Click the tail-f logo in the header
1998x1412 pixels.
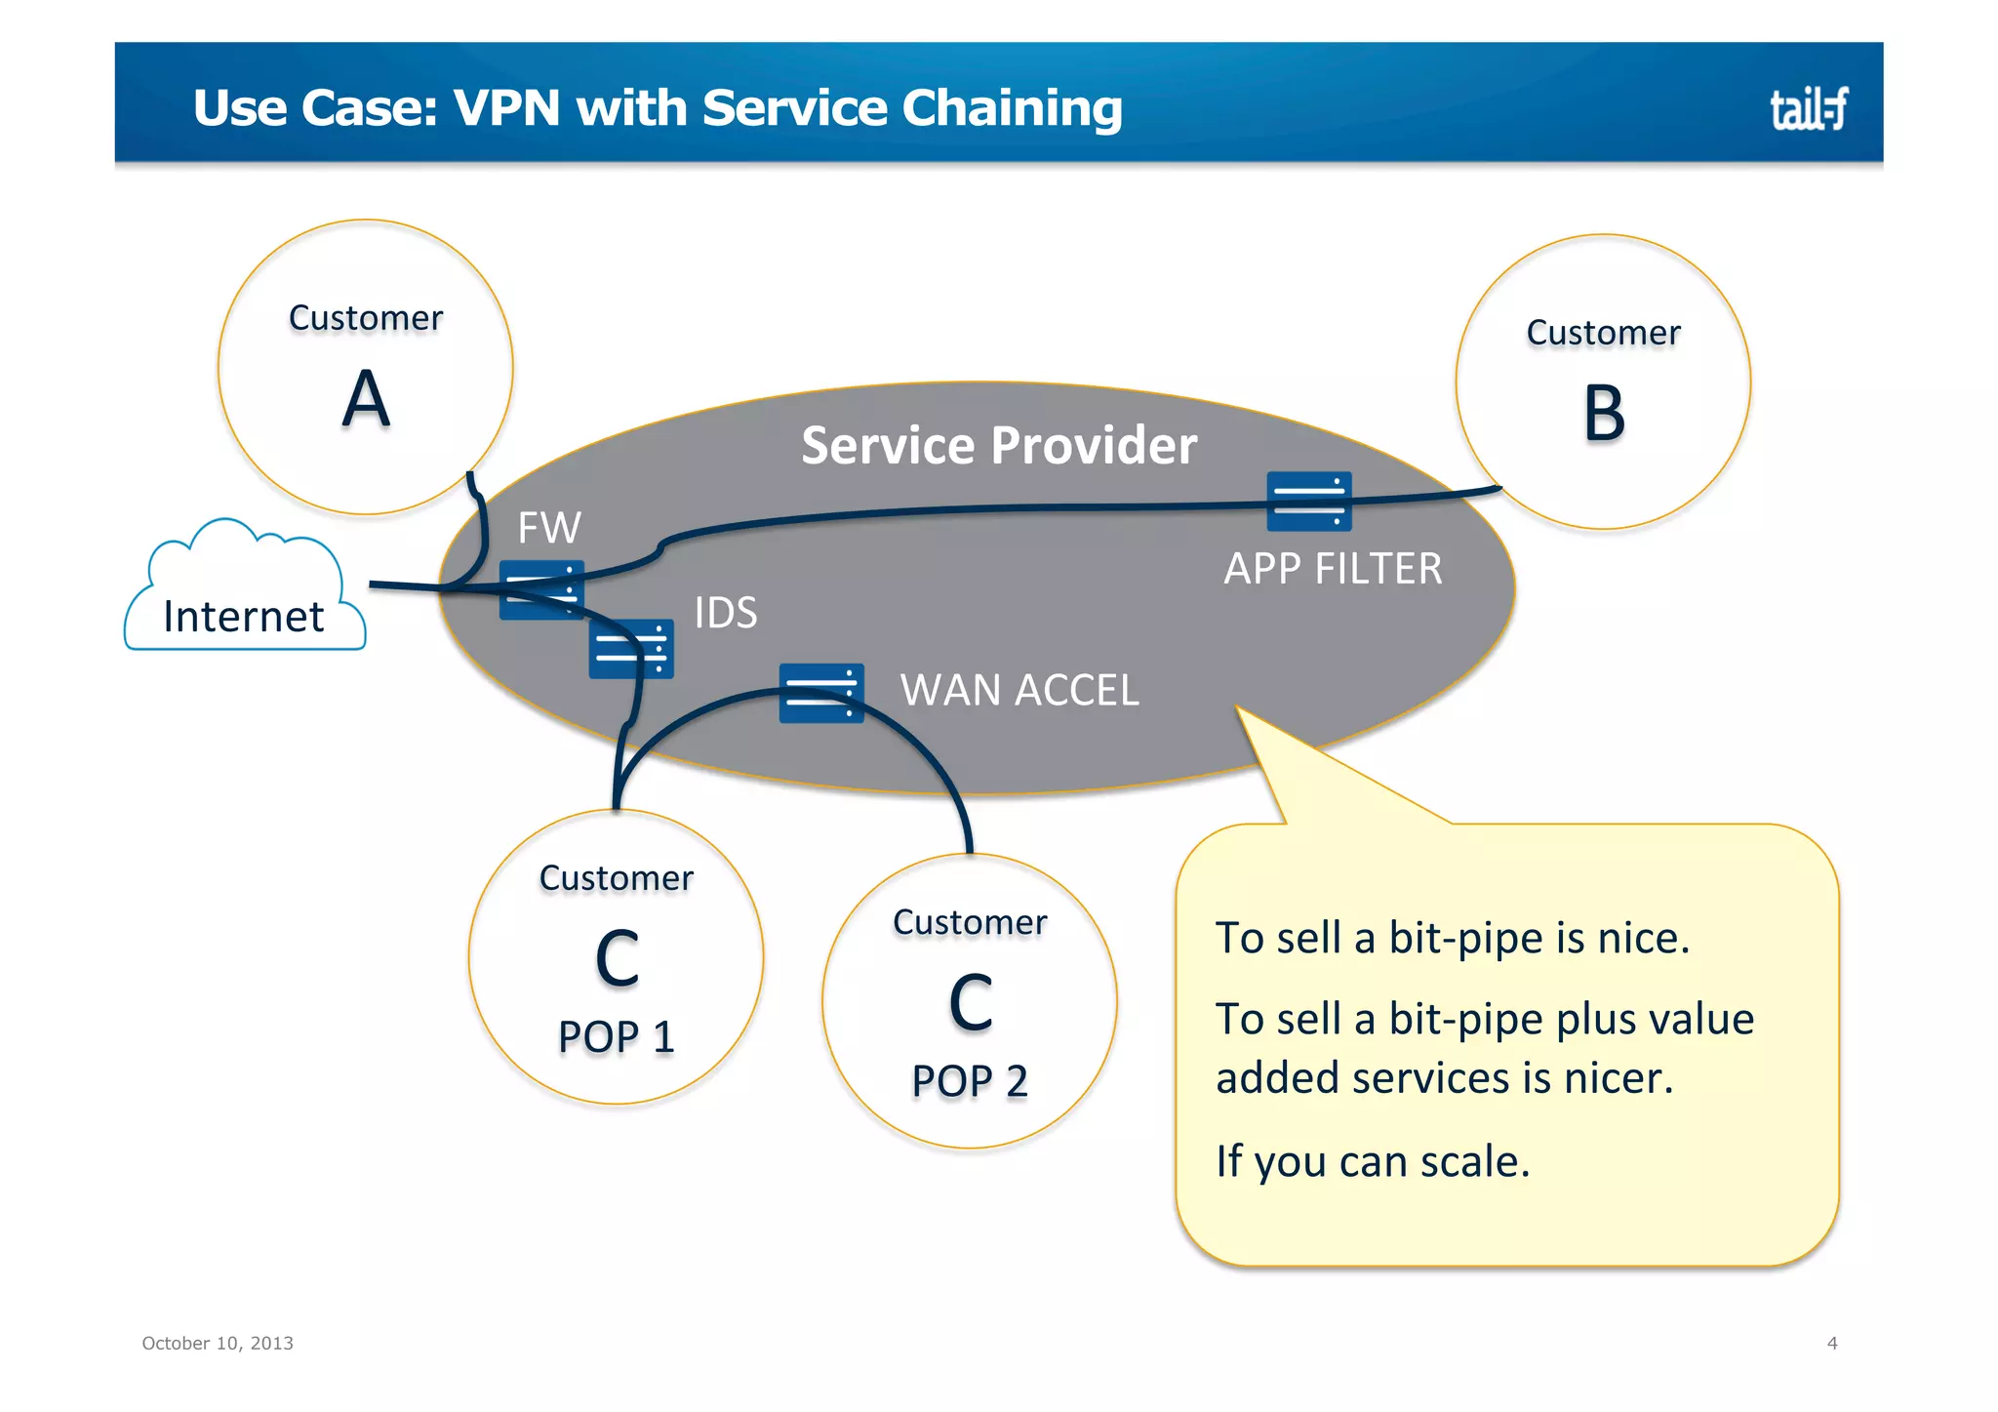pos(1808,108)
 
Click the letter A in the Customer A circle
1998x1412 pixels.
pos(366,399)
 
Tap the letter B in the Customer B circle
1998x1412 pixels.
pos(1603,414)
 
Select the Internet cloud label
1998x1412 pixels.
pos(243,617)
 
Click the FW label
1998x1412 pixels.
pos(548,528)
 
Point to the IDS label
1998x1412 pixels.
pos(725,613)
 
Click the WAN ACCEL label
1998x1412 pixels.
pos(1019,690)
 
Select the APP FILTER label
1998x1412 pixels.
pos(1333,569)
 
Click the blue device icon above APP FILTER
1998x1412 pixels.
pos(1308,501)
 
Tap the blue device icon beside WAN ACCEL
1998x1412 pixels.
pos(820,693)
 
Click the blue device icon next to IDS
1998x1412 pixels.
pos(631,648)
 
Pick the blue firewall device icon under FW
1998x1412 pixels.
pos(541,589)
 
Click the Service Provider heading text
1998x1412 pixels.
pos(998,446)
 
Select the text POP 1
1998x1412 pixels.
pos(616,1036)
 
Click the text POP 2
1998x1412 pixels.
pos(969,1081)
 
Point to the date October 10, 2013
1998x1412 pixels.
pos(218,1344)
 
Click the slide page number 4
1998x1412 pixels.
pos(1831,1344)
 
